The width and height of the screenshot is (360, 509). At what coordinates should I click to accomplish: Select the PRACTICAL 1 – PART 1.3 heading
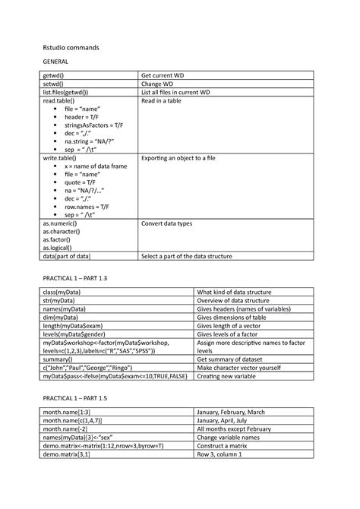76,279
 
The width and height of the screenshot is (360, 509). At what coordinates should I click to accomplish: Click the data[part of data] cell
71,257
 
